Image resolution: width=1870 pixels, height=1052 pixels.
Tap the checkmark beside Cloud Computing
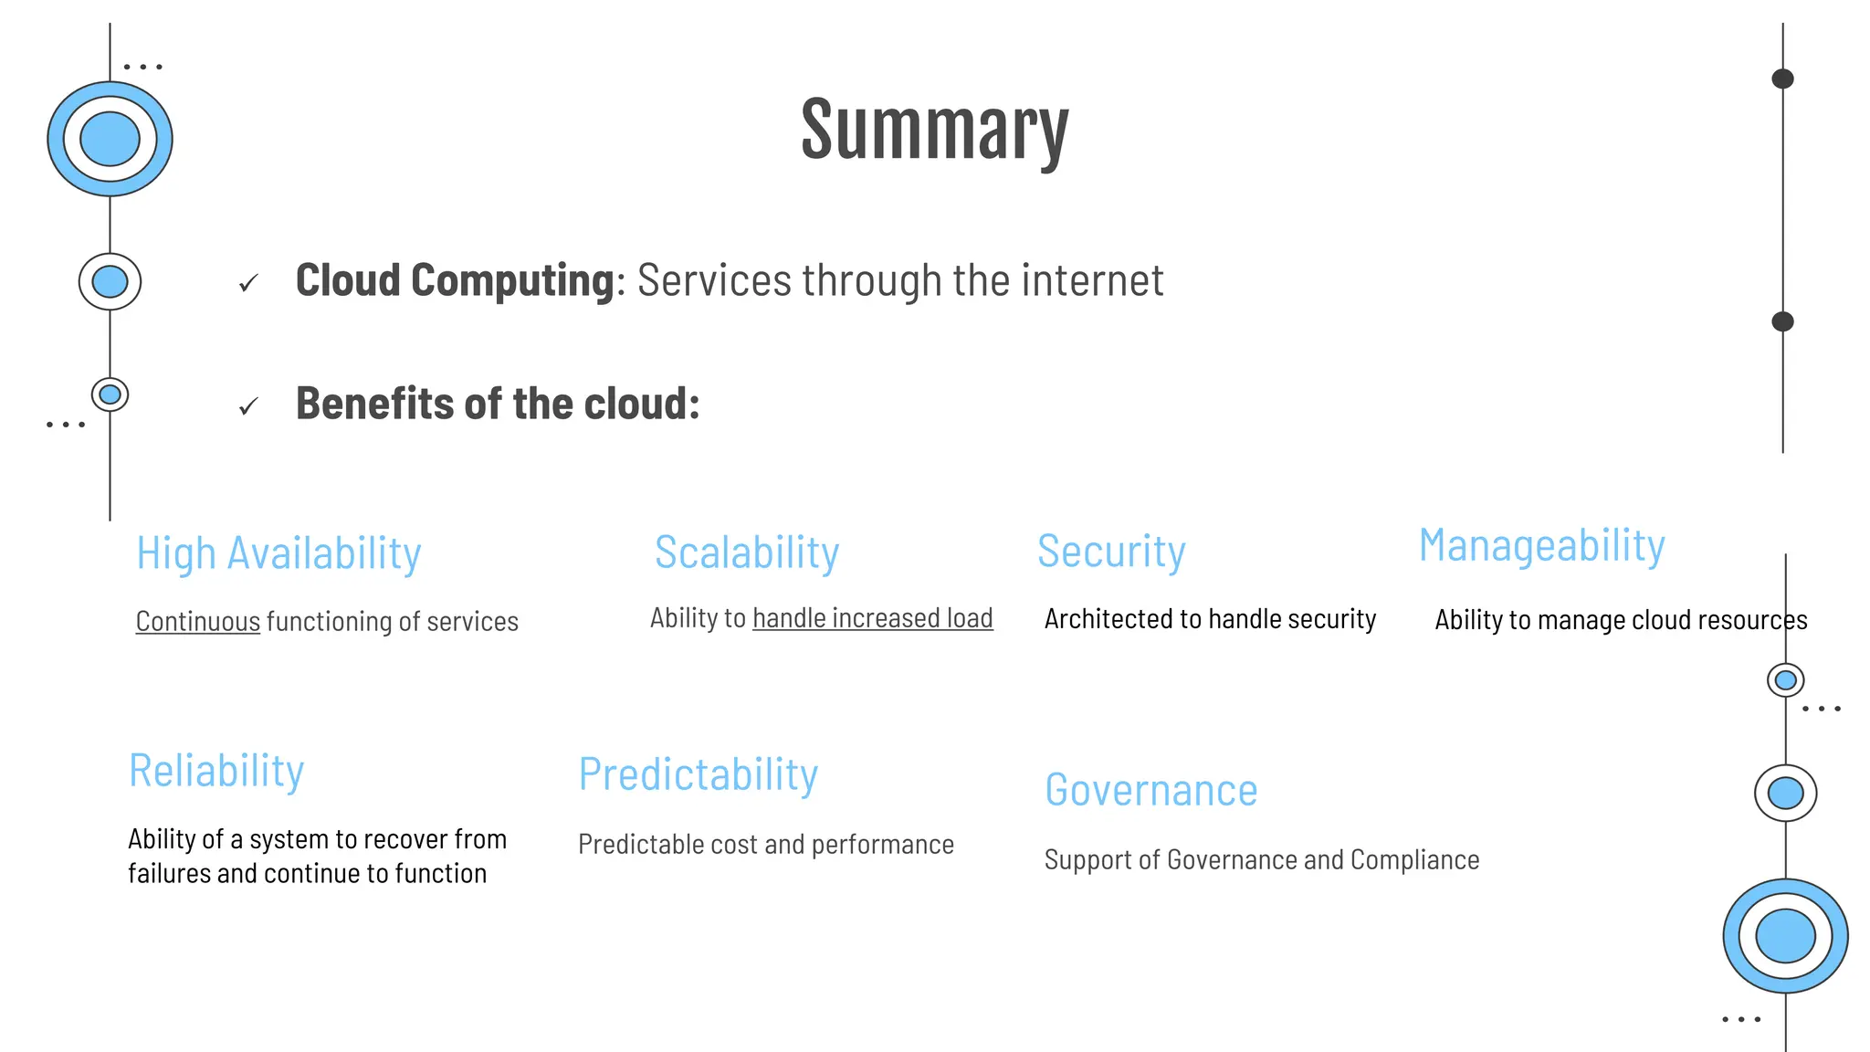(x=248, y=284)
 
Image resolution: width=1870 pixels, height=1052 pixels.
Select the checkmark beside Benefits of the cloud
(x=248, y=406)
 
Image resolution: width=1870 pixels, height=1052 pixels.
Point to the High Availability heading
(x=278, y=553)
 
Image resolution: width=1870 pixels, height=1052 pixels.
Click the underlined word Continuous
(x=198, y=622)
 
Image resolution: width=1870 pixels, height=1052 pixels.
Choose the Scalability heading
(x=746, y=552)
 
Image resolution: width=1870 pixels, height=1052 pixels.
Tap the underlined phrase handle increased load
(x=872, y=618)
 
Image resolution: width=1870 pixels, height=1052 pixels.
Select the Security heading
(x=1111, y=552)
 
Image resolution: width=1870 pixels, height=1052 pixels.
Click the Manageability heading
(x=1541, y=546)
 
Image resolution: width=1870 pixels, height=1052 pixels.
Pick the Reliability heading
(x=216, y=771)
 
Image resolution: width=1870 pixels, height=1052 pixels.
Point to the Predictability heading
(x=698, y=775)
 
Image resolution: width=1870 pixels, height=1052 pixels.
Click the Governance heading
(x=1150, y=790)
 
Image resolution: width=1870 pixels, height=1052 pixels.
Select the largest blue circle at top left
(x=110, y=139)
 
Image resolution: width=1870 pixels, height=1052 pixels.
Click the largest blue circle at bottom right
(x=1785, y=936)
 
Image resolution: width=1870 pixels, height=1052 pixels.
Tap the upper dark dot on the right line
(x=1782, y=79)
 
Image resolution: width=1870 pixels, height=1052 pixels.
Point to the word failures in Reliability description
(x=169, y=874)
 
